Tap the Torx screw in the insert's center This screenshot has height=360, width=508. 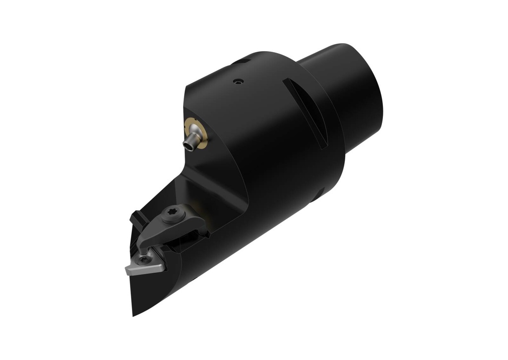(x=144, y=259)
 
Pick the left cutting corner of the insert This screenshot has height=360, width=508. (x=127, y=270)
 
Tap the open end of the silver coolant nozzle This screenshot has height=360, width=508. (x=189, y=144)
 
